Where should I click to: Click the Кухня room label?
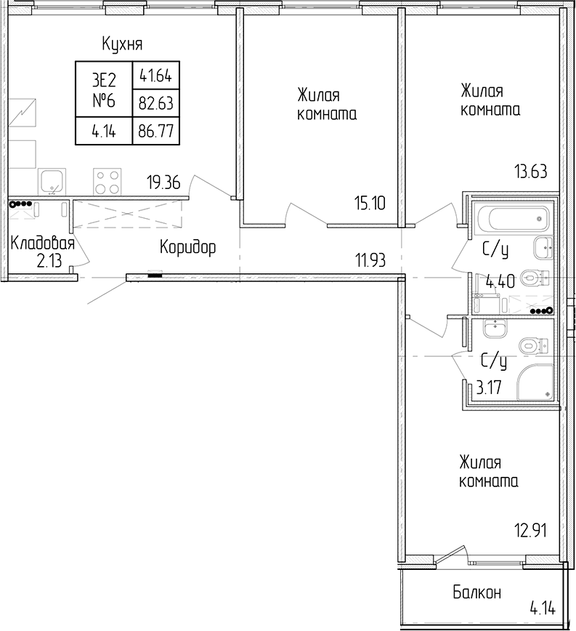pos(122,44)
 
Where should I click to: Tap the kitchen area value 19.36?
pos(163,183)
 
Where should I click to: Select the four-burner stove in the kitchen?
pos(108,182)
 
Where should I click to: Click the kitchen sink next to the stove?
pos(52,182)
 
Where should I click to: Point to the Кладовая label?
pos(43,244)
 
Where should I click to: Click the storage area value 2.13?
pos(49,261)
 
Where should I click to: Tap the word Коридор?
pos(187,247)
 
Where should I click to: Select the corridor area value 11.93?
pos(370,260)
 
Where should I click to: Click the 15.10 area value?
pos(370,204)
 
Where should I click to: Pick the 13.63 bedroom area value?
pos(531,172)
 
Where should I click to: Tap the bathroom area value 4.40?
pos(500,281)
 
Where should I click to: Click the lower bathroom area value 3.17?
pos(489,388)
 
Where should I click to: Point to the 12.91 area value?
pos(531,531)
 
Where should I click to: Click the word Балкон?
pos(477,592)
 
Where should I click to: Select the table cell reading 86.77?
pos(156,131)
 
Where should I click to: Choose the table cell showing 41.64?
pos(156,76)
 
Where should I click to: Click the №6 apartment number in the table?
pos(104,100)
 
